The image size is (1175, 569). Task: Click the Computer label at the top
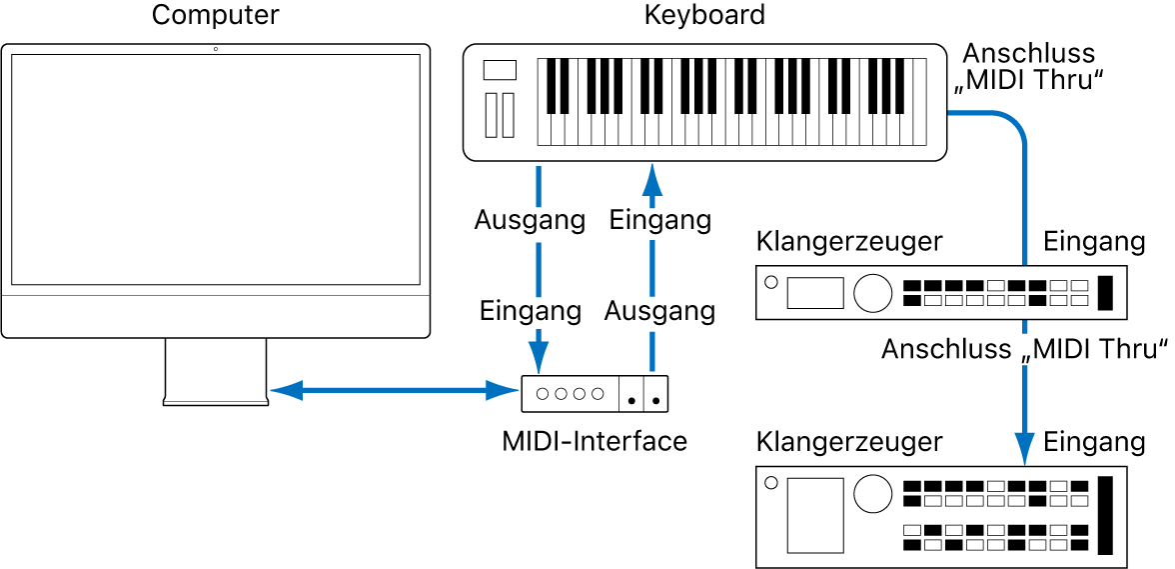pyautogui.click(x=216, y=16)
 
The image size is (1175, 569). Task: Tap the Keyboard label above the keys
pyautogui.click(x=704, y=16)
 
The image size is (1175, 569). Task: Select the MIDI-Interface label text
pyautogui.click(x=594, y=441)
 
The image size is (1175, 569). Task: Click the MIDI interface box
pyautogui.click(x=594, y=394)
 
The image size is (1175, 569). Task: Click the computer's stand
pyautogui.click(x=216, y=371)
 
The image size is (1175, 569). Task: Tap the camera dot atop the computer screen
pyautogui.click(x=216, y=49)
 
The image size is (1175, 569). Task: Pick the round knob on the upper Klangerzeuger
pyautogui.click(x=872, y=292)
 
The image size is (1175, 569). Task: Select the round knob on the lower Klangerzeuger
pyautogui.click(x=872, y=492)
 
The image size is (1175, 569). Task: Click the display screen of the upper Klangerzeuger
pyautogui.click(x=815, y=293)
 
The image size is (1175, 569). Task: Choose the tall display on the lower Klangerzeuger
pyautogui.click(x=814, y=515)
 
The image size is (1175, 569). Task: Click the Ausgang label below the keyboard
pyautogui.click(x=530, y=220)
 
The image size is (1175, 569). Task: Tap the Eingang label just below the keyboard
pyautogui.click(x=660, y=220)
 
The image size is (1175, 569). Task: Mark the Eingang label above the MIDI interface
pyautogui.click(x=530, y=311)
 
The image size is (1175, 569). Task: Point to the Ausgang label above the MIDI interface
pyautogui.click(x=660, y=311)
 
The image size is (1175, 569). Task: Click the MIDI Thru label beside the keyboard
pyautogui.click(x=1029, y=67)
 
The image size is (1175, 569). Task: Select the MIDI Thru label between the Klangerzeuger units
pyautogui.click(x=1025, y=350)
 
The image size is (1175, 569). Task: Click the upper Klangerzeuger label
pyautogui.click(x=849, y=241)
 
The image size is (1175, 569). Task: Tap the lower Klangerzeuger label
pyautogui.click(x=849, y=441)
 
